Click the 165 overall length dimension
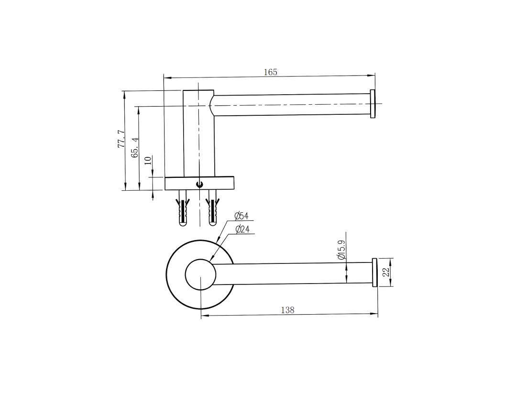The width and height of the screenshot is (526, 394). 271,72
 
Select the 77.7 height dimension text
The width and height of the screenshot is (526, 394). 121,140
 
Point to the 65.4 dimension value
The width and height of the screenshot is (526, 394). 135,148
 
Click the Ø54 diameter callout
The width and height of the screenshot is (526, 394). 241,216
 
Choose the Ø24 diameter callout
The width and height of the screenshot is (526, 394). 242,230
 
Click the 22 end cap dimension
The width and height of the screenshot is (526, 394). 387,272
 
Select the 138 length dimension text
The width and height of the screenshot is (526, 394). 287,310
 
